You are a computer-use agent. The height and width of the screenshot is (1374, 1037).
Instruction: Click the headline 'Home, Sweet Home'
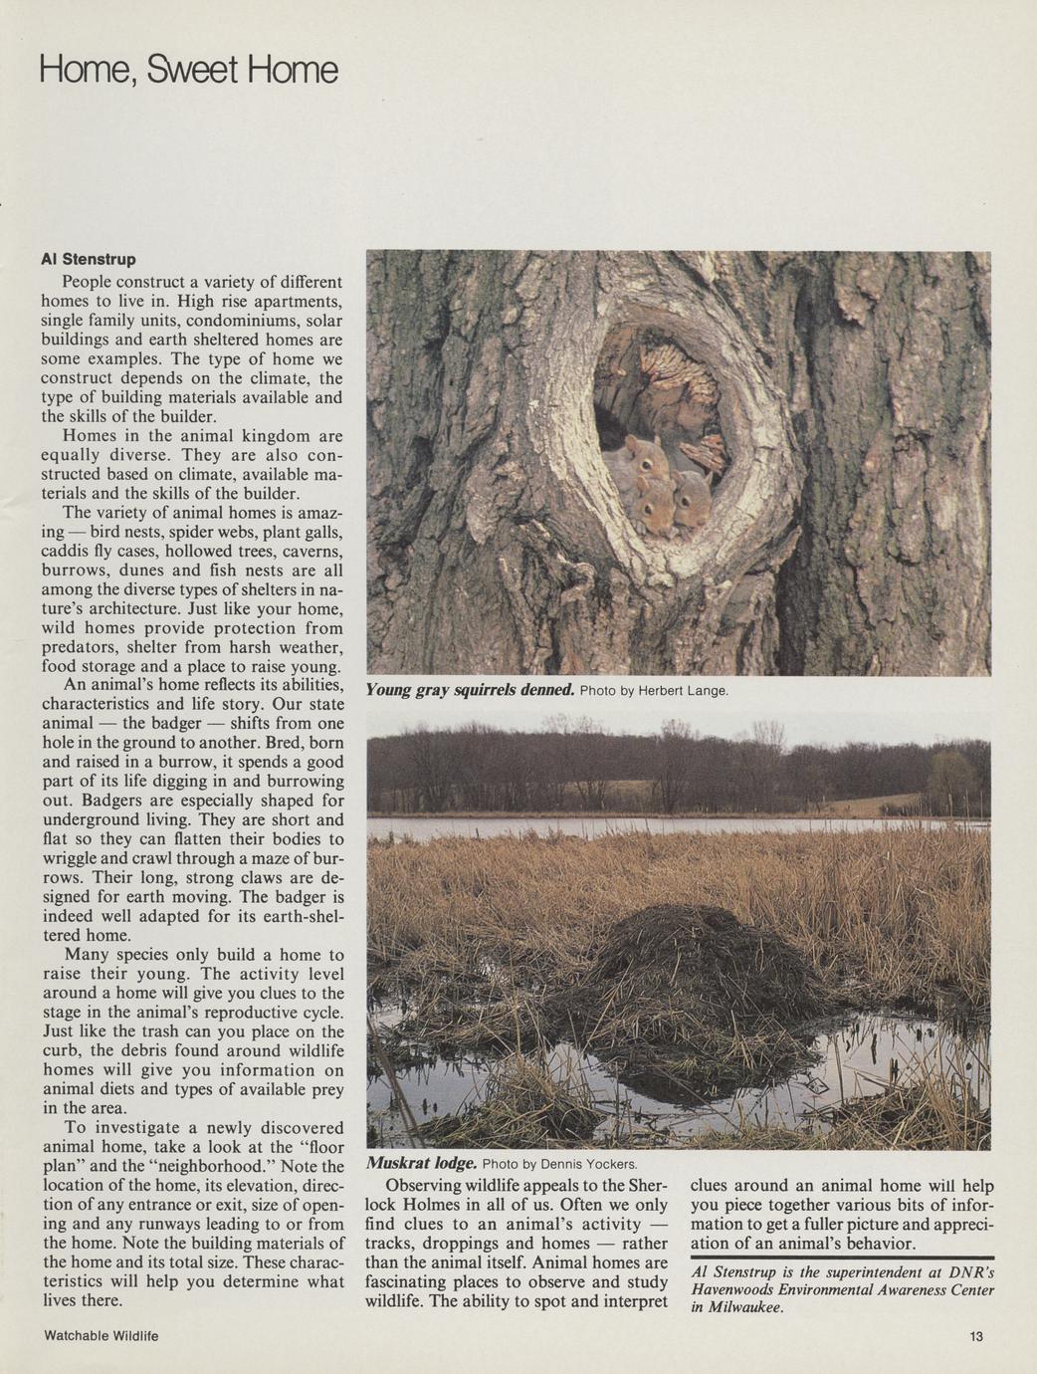pos(189,71)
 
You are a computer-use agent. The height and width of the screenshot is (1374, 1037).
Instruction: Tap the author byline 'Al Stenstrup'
pos(88,260)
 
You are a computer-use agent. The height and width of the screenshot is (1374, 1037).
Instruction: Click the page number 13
pos(975,1336)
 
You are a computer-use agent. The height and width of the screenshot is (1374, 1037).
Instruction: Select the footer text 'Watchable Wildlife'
pos(102,1336)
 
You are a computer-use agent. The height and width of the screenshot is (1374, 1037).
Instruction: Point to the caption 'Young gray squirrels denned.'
pos(470,689)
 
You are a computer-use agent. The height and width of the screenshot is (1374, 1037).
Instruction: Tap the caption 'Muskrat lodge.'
pos(422,1163)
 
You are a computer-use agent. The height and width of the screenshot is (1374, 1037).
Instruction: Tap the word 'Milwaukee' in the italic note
pos(740,1308)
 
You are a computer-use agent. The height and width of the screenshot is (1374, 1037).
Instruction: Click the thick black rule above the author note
pos(842,1259)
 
